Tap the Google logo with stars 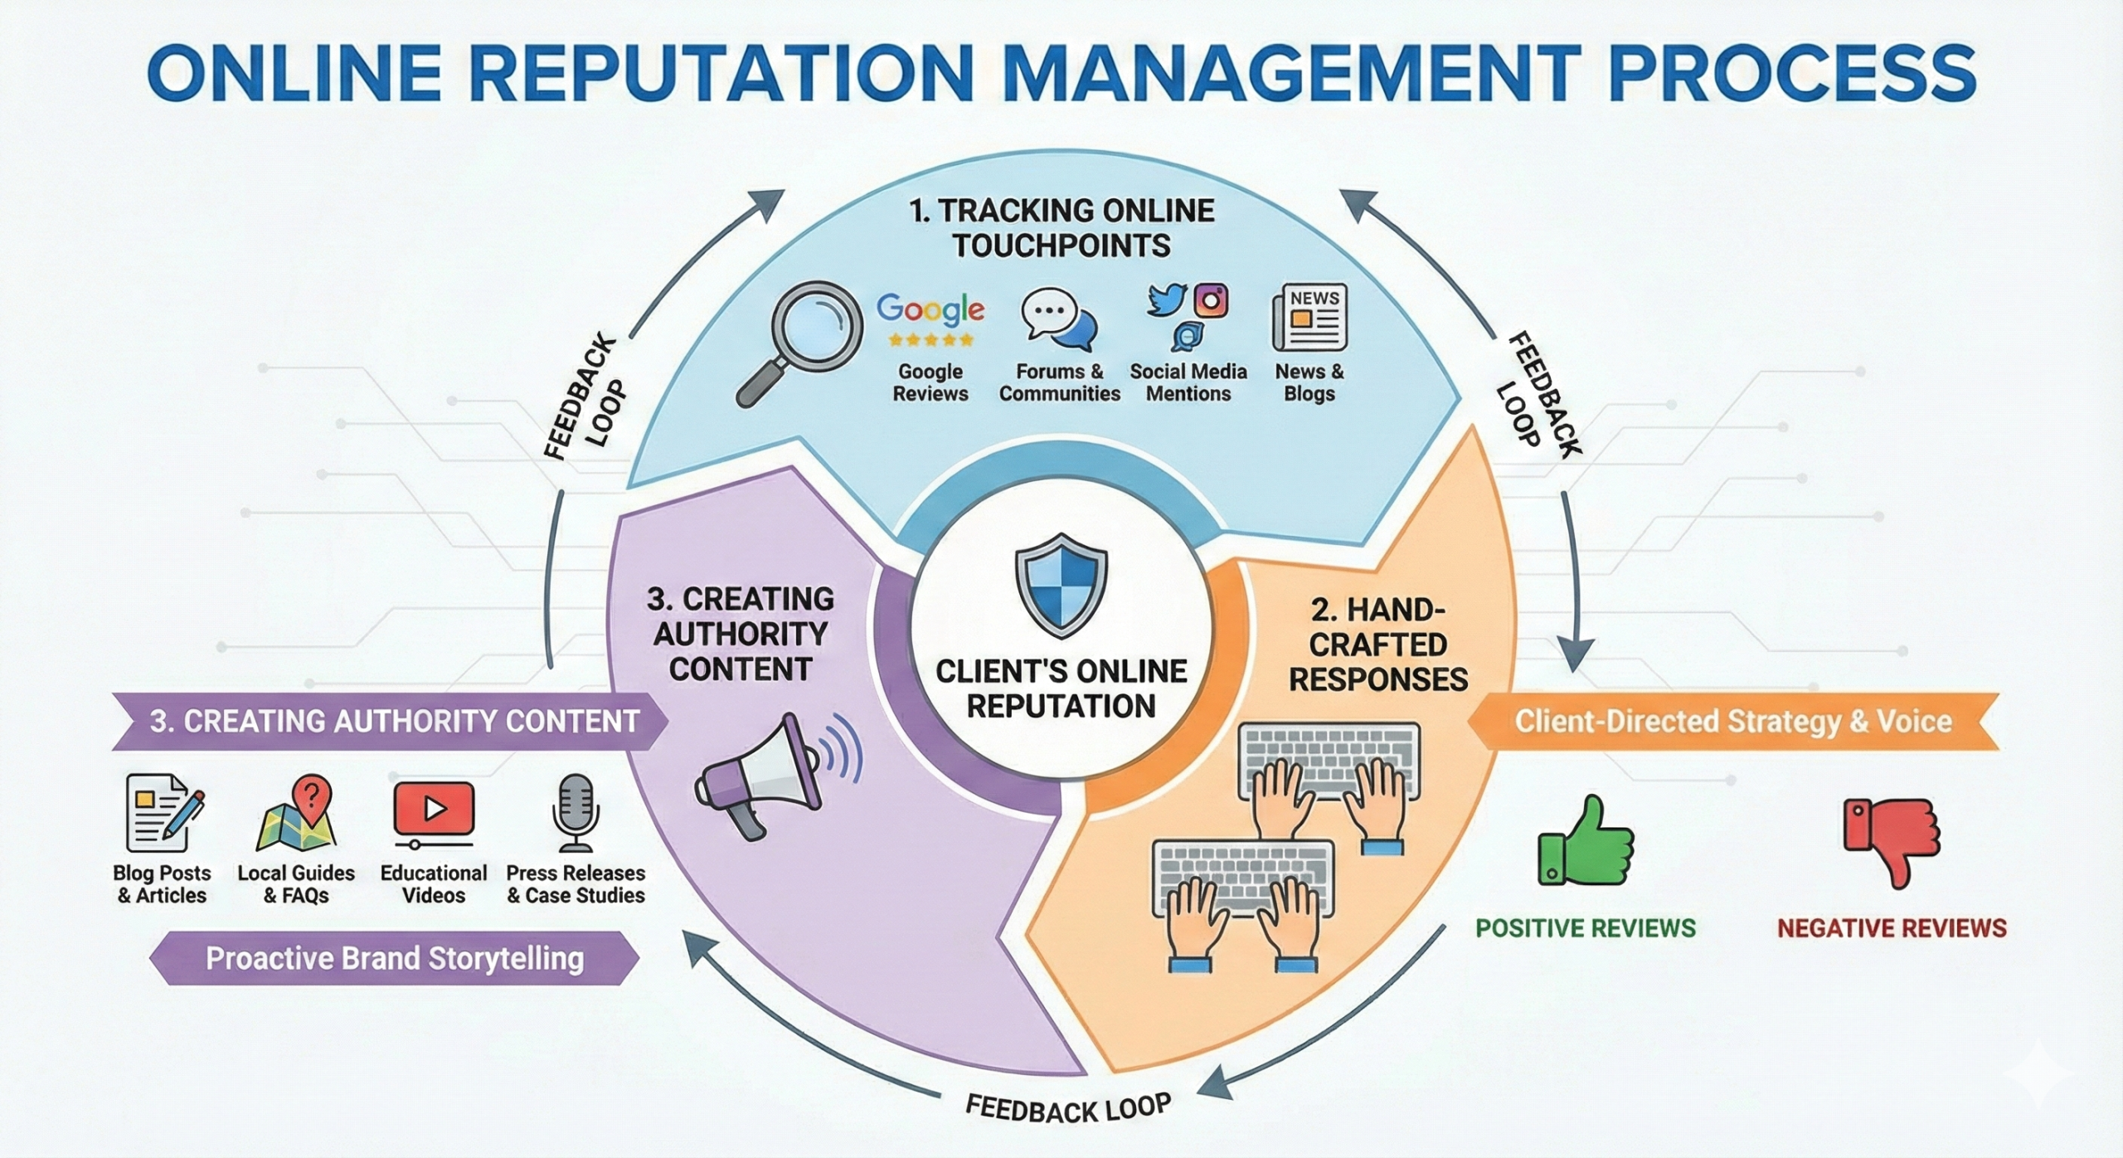click(x=930, y=319)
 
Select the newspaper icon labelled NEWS click(x=1309, y=317)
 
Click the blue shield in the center click(x=1061, y=584)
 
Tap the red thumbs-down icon click(x=1891, y=839)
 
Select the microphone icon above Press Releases click(x=575, y=813)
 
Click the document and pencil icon click(x=163, y=812)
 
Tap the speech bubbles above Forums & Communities click(x=1058, y=320)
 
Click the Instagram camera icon click(x=1211, y=300)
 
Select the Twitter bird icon click(x=1167, y=300)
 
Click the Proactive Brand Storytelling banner click(x=395, y=958)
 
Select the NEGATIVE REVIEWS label click(x=1891, y=927)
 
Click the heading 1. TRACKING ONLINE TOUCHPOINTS click(x=1061, y=228)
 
